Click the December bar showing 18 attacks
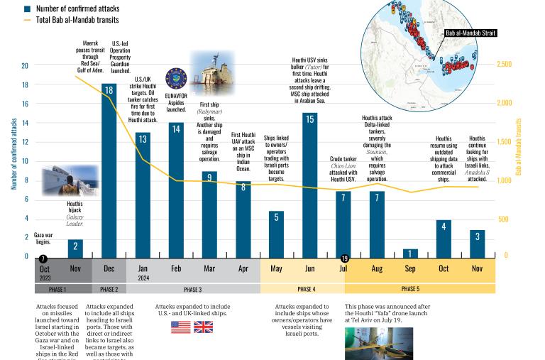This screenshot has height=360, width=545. click(109, 170)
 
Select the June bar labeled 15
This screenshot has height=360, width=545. click(309, 185)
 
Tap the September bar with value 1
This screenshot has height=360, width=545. click(410, 253)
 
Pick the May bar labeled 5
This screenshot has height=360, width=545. click(276, 234)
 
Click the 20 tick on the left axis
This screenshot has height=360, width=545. click(25, 65)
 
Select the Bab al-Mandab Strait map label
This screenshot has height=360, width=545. click(470, 33)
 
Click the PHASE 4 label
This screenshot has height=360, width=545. click(306, 289)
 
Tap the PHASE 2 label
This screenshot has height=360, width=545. click(109, 289)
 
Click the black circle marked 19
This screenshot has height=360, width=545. click(345, 259)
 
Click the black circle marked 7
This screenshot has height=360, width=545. click(43, 259)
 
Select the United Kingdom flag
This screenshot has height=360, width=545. click(203, 327)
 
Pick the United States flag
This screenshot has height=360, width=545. click(180, 327)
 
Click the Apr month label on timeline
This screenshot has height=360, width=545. click(243, 269)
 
